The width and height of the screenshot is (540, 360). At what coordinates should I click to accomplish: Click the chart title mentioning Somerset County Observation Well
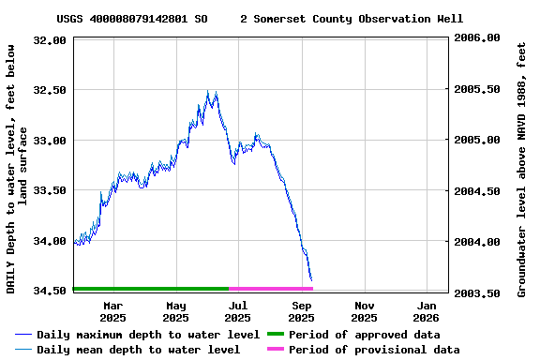(260, 19)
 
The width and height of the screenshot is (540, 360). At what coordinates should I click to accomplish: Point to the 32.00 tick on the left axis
(50, 40)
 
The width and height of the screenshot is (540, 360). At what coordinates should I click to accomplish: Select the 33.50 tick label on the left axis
(50, 190)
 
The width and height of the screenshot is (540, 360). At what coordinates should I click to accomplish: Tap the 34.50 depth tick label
(50, 291)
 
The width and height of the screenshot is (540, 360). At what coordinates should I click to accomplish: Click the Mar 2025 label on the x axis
(113, 311)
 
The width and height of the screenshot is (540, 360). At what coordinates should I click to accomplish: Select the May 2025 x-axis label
(176, 311)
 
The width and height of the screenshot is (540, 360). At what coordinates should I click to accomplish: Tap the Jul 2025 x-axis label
(238, 311)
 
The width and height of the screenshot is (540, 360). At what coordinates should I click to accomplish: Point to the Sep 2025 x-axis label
(302, 311)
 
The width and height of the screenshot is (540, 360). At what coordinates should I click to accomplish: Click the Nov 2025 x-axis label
(365, 311)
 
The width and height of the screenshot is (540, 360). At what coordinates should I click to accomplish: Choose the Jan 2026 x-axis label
(427, 311)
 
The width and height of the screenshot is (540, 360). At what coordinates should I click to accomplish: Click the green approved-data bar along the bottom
(150, 289)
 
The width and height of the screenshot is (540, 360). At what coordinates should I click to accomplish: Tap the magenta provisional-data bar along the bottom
(270, 289)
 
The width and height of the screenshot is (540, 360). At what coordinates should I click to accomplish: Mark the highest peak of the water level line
(208, 91)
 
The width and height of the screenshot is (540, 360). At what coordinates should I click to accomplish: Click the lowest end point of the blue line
(311, 280)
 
